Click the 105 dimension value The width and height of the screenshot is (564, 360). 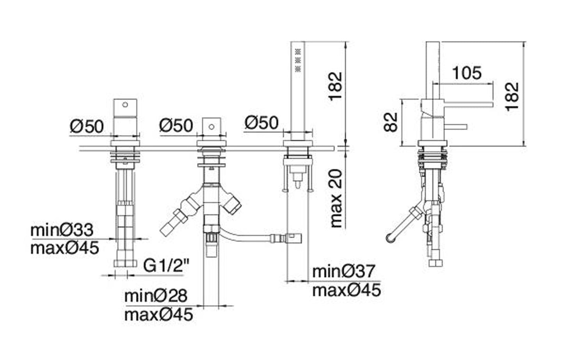click(x=467, y=73)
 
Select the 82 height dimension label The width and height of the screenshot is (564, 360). click(x=391, y=122)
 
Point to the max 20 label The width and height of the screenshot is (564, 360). click(x=336, y=198)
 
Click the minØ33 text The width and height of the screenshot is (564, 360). click(x=62, y=230)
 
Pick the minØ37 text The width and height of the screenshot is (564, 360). click(x=344, y=271)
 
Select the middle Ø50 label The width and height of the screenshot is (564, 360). click(x=176, y=125)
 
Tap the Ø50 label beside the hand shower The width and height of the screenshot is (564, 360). click(x=262, y=123)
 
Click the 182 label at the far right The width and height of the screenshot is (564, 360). click(x=512, y=96)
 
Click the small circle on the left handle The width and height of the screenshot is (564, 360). click(x=125, y=104)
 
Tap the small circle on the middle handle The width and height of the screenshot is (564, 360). click(x=212, y=127)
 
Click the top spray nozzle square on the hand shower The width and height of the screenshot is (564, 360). click(x=298, y=52)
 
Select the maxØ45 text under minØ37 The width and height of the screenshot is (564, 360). click(x=347, y=290)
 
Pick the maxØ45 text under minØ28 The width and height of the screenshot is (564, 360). click(x=158, y=315)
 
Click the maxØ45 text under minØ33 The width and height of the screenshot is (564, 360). click(x=65, y=248)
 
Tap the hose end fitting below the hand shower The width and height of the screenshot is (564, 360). click(x=293, y=238)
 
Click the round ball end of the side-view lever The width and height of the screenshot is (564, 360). click(x=391, y=238)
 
